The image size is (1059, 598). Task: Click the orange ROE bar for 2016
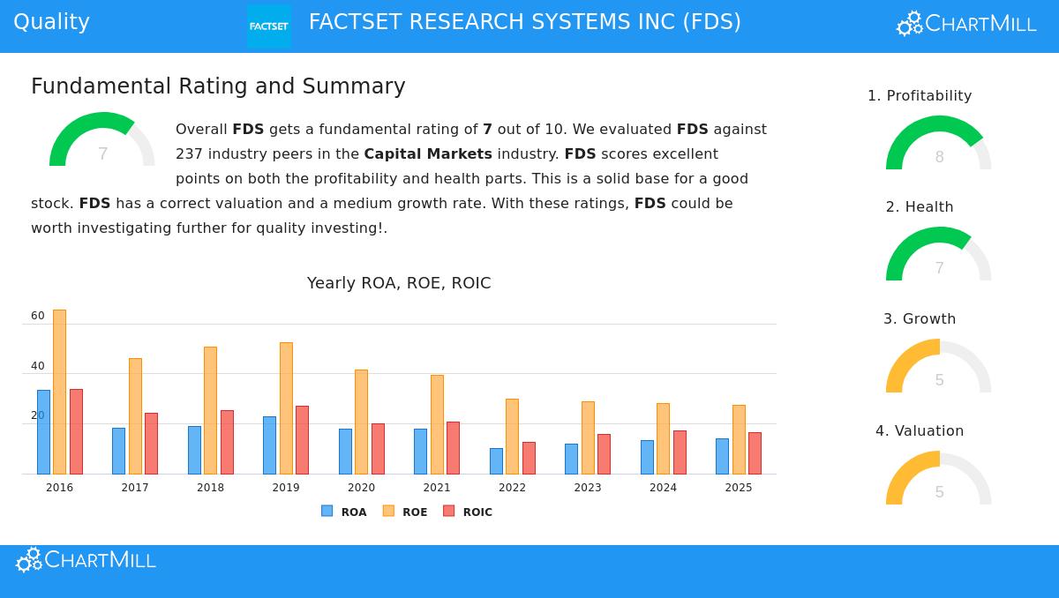[x=59, y=392]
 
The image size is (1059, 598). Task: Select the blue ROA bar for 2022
[x=496, y=460]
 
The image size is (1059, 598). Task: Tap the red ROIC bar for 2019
[x=302, y=439]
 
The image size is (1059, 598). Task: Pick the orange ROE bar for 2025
[x=739, y=439]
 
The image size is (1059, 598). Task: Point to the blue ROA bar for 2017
[x=118, y=451]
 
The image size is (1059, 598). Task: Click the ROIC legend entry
[x=468, y=512]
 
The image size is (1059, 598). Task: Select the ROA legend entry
[x=344, y=512]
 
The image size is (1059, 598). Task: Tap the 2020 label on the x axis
[x=361, y=488]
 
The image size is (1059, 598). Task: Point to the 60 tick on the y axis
[x=37, y=316]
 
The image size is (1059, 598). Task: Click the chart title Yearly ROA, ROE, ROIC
[x=399, y=283]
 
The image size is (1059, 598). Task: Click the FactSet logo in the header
[x=269, y=26]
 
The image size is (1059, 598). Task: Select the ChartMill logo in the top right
[x=966, y=24]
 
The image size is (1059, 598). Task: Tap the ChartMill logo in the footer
[x=86, y=560]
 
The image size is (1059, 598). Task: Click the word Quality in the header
[x=51, y=22]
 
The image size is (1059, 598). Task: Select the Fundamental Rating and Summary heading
[x=218, y=86]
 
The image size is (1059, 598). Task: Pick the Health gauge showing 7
[x=938, y=255]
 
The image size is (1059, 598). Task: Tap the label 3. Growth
[x=920, y=319]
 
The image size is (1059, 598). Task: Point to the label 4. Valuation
[x=920, y=431]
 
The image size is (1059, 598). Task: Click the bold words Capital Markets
[x=428, y=154]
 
